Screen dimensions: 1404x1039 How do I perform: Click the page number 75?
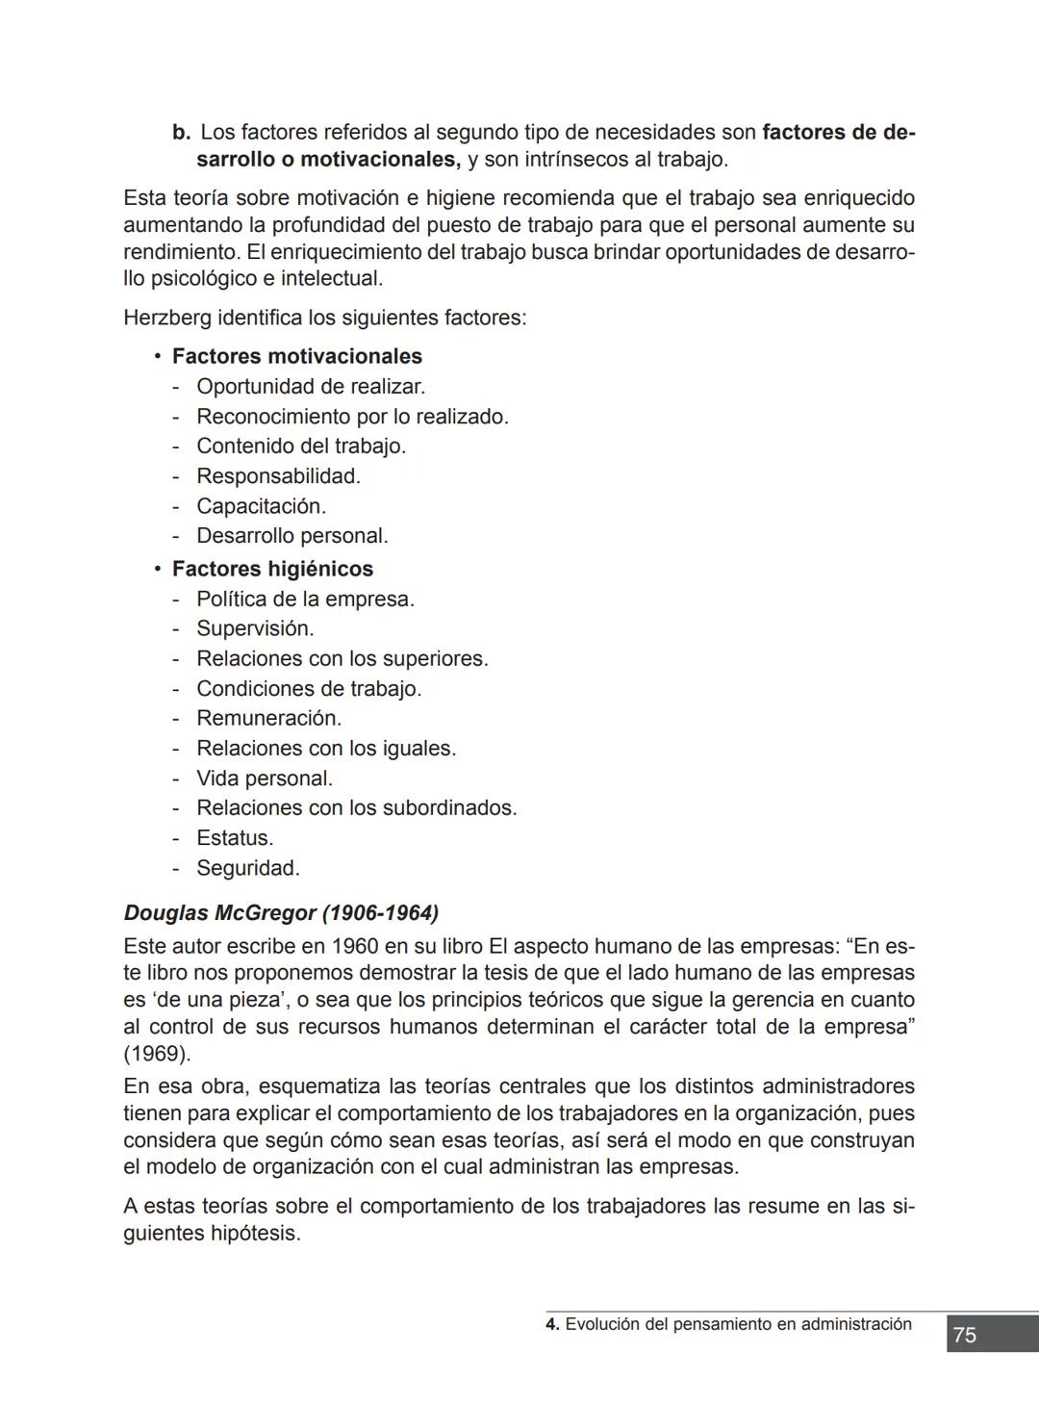tap(964, 1335)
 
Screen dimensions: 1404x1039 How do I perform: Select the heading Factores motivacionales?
tap(296, 356)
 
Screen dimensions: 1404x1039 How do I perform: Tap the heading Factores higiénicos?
tap(272, 569)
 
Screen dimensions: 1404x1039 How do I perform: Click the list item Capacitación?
tap(261, 506)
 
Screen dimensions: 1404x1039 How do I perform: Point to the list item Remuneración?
tap(268, 718)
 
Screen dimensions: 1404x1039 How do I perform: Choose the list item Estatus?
tap(235, 837)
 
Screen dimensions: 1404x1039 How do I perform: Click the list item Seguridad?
tap(248, 868)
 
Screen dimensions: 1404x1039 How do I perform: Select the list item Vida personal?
tap(265, 778)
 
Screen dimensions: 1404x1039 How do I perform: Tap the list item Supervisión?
tap(255, 628)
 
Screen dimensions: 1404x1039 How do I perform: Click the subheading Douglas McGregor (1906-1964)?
tap(281, 912)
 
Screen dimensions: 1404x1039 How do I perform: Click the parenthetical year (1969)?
tap(157, 1053)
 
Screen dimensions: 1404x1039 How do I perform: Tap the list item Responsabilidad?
tap(278, 476)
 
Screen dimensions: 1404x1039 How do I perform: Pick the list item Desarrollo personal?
tap(292, 535)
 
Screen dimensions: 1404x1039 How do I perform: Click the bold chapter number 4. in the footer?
tap(552, 1324)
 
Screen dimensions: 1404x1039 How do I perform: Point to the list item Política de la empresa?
tap(305, 599)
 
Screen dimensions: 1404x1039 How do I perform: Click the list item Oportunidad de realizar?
tap(311, 387)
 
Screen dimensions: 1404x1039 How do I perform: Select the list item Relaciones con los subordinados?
tap(356, 807)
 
